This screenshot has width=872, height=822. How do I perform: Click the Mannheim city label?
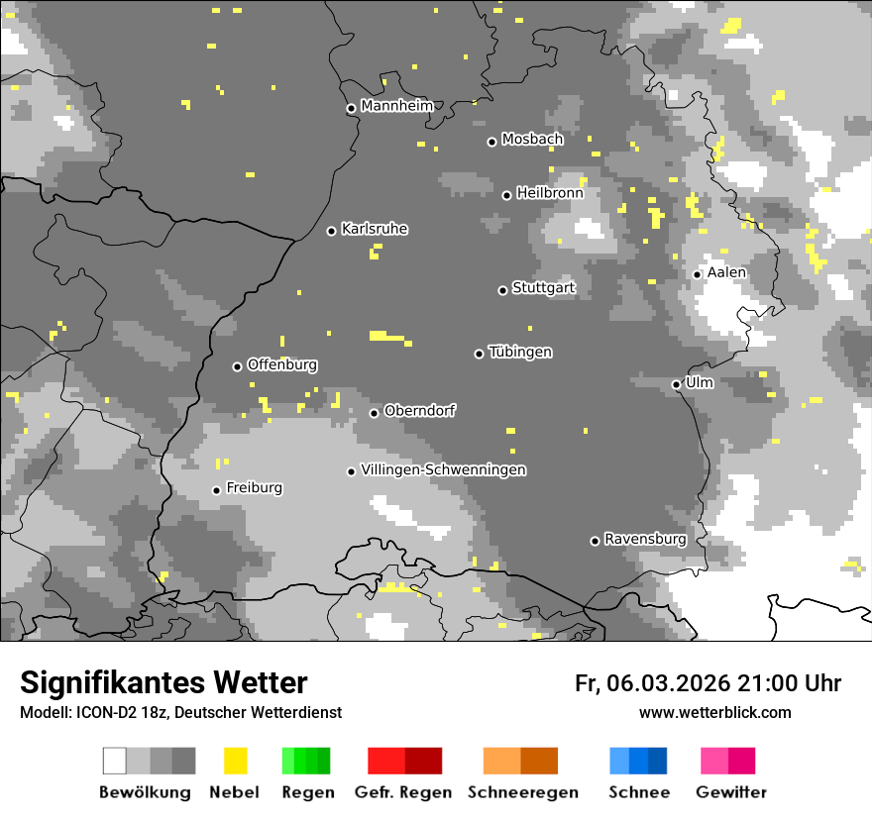coord(396,106)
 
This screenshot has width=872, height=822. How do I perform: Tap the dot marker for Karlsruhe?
coord(332,231)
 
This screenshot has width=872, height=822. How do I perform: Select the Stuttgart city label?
coord(543,288)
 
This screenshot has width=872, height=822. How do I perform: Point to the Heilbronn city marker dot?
coord(506,195)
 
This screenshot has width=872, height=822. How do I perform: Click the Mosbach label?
coord(532,140)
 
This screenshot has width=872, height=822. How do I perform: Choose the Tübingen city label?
coord(520,353)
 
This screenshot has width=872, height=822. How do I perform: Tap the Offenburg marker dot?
coord(237,366)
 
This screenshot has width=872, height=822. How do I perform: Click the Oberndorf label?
coord(419,411)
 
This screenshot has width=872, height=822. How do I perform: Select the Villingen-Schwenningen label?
coord(443,470)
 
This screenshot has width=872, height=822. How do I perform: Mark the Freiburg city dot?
coord(216,490)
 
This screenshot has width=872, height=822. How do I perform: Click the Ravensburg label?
coord(645,540)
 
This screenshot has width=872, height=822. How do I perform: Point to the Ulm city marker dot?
coord(676,384)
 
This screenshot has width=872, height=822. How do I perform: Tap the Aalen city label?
coord(726,272)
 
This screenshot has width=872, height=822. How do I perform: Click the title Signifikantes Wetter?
coord(163,682)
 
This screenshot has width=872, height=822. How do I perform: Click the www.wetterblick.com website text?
coord(714,712)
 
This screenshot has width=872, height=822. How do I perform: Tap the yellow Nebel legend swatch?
coord(235,761)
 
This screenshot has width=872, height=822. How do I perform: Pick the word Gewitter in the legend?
coord(730,792)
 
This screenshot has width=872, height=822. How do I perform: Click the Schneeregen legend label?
coord(522,792)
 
